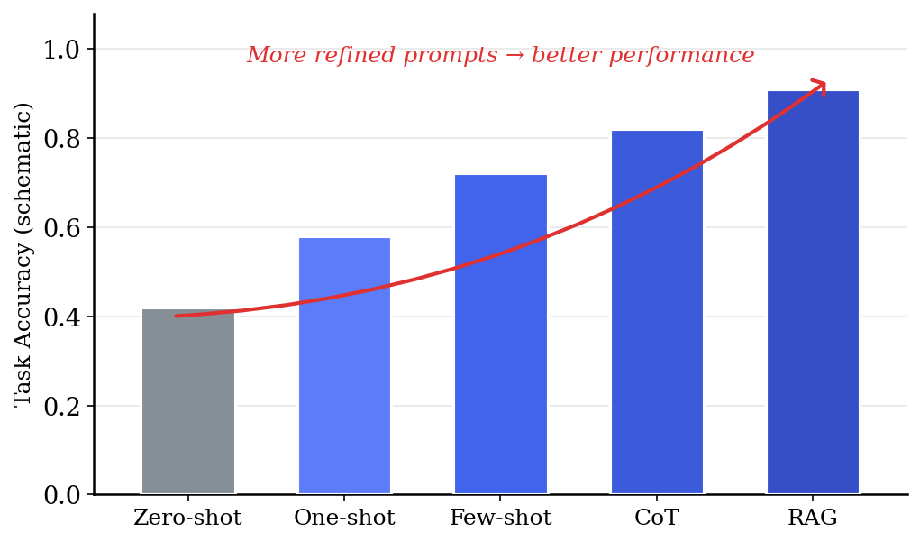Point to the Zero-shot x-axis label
[187, 519]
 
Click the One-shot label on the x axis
[344, 519]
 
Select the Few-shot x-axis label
[500, 519]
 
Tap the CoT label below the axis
[657, 519]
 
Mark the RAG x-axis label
[813, 519]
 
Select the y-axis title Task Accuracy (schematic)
[24, 254]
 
